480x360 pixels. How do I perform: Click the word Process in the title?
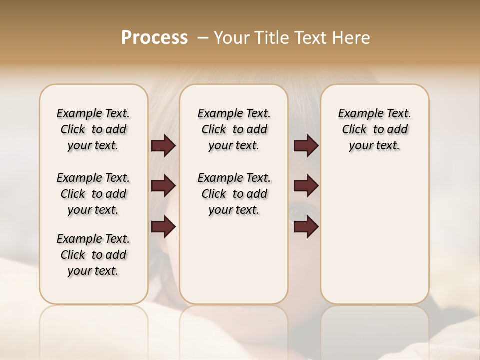pyautogui.click(x=154, y=38)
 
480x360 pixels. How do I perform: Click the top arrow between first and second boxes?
pyautogui.click(x=163, y=146)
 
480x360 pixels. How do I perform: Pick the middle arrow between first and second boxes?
pyautogui.click(x=163, y=186)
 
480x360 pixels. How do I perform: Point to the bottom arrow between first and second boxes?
pyautogui.click(x=163, y=227)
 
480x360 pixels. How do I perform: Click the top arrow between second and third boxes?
pyautogui.click(x=306, y=146)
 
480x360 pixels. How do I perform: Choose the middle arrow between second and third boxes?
pyautogui.click(x=306, y=186)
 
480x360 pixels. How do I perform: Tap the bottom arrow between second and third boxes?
pyautogui.click(x=306, y=227)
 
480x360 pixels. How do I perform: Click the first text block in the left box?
pyautogui.click(x=93, y=129)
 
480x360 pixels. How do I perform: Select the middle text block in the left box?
pyautogui.click(x=93, y=194)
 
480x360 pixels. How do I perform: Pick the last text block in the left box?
pyautogui.click(x=93, y=255)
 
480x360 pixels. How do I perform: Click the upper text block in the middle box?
pyautogui.click(x=234, y=129)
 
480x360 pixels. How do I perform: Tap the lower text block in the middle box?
pyautogui.click(x=234, y=194)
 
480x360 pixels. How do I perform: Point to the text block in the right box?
pyautogui.click(x=374, y=129)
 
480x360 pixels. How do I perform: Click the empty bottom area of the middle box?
pyautogui.click(x=234, y=265)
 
